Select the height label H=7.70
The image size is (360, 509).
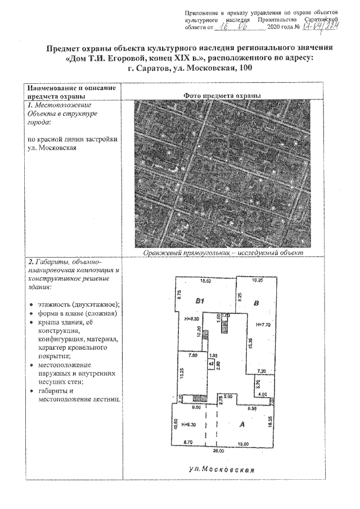[x=263, y=325]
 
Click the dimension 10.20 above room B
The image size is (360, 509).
[x=257, y=280]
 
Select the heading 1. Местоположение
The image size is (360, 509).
[x=60, y=105]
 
